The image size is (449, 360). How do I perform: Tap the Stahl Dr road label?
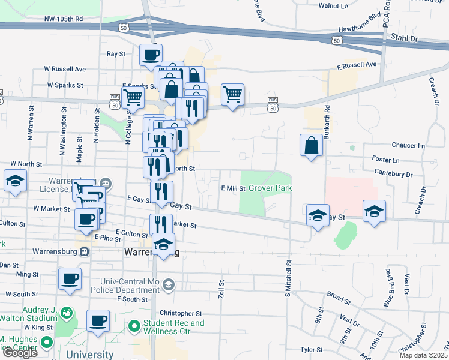pos(405,38)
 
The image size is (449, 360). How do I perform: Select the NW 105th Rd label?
pos(63,19)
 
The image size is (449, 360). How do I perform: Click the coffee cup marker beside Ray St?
pos(151,55)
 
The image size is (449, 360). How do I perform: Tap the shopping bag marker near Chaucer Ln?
pos(311,145)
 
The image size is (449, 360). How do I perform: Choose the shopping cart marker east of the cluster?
pos(232,94)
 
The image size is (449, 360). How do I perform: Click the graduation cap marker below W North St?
pos(15,181)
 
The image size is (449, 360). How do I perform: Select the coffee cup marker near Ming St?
pos(70,279)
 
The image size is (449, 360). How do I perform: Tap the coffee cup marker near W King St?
pos(98,320)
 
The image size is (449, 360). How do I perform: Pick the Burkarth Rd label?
pos(327,123)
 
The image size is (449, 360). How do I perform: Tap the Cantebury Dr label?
pos(393,175)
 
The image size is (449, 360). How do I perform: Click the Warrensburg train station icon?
pos(85,253)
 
